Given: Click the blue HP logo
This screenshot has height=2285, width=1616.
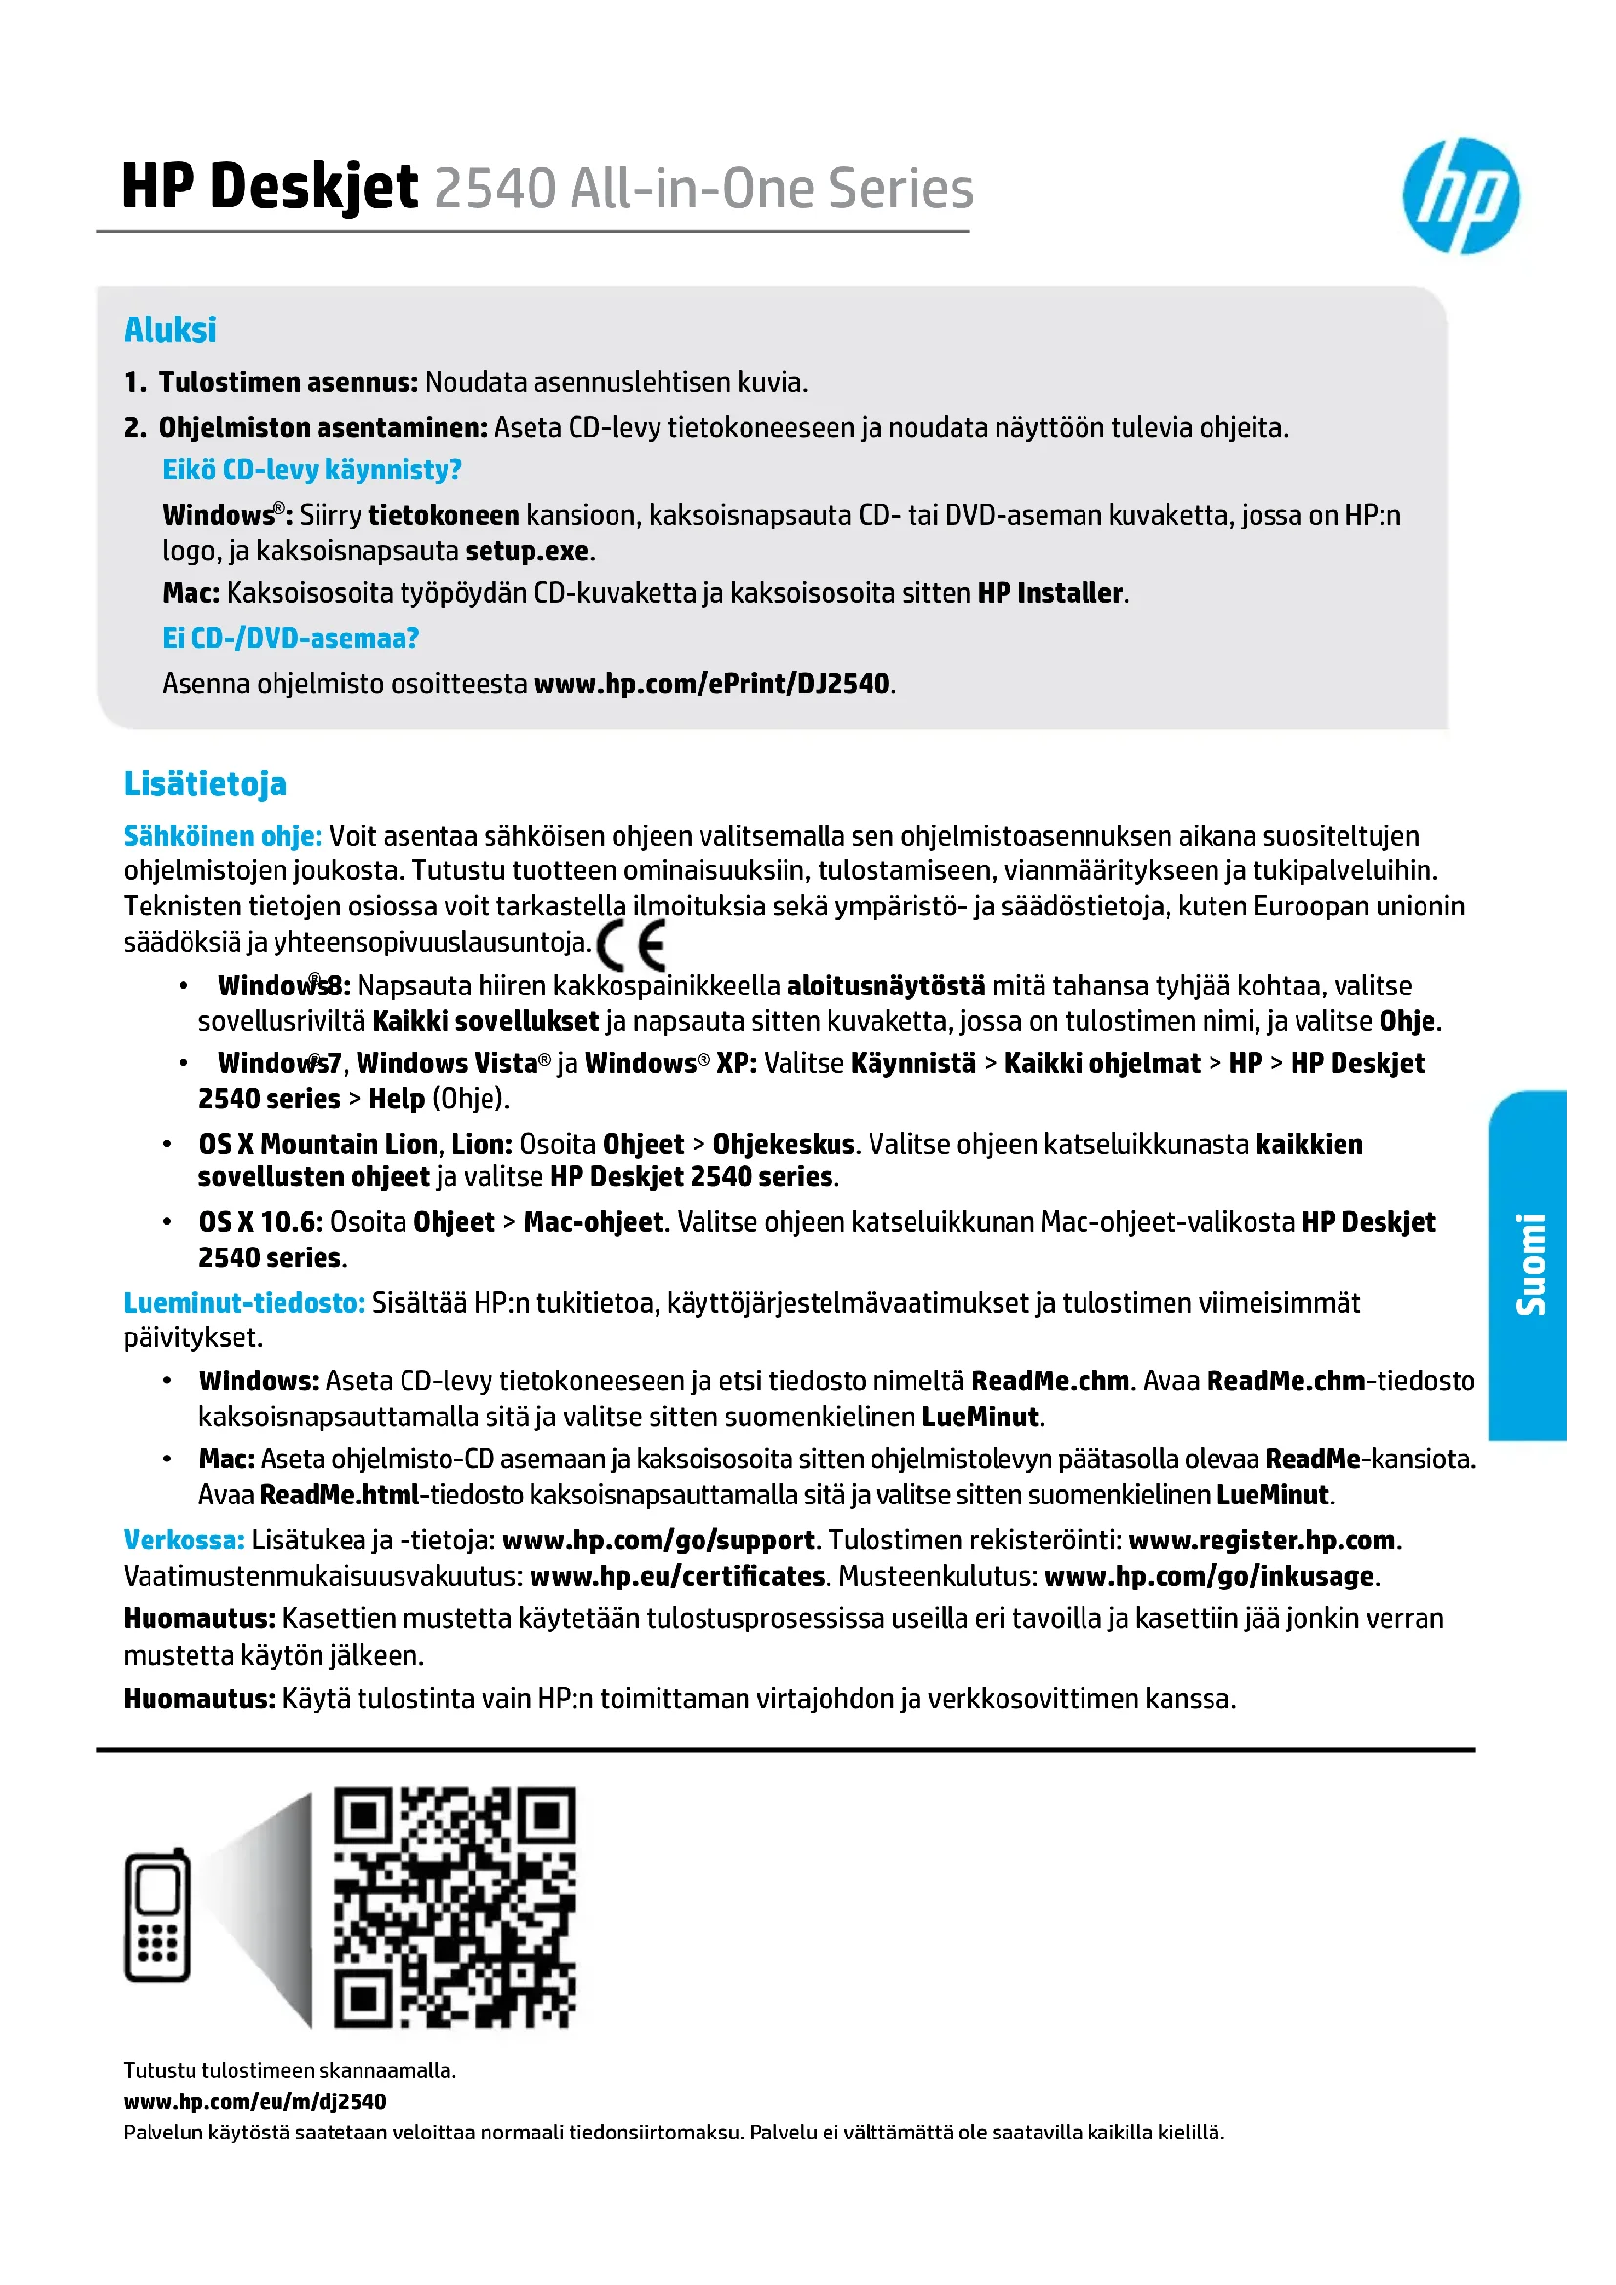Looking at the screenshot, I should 1460,195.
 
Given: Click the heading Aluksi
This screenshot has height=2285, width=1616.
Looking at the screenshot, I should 170,329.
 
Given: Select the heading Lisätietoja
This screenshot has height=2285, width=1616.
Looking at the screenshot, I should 205,783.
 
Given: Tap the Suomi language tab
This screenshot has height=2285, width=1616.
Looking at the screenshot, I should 1529,1265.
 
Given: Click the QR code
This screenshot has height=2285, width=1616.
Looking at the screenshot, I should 454,1907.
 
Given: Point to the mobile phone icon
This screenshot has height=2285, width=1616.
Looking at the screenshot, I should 157,1916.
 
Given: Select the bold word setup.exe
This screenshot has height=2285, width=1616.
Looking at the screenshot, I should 528,550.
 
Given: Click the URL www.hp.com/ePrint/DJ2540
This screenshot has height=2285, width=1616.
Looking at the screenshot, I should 711,683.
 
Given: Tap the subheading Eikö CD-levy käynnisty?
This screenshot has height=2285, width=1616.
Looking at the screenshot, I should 312,469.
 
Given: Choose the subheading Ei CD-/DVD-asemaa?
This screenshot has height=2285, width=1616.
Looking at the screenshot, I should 290,638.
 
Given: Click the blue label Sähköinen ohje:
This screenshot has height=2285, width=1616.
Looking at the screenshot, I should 223,836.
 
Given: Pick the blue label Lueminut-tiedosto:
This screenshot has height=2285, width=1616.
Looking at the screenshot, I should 244,1303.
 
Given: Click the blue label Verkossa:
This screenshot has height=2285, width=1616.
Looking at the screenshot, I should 184,1540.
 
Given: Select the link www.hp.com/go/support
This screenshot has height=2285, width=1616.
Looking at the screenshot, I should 658,1540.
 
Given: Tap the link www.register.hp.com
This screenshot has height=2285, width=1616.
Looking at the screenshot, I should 1261,1540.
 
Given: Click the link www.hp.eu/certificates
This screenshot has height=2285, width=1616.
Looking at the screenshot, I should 677,1576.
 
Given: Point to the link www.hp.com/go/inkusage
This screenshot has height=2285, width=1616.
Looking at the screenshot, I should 1209,1576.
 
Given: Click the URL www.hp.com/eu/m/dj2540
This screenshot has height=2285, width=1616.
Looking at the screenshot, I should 255,2101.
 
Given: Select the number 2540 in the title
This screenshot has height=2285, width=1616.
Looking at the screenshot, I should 494,189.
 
